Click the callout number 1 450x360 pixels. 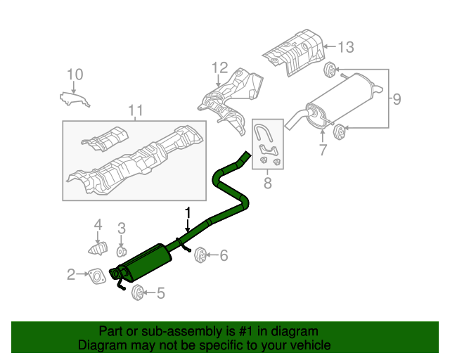pyautogui.click(x=188, y=212)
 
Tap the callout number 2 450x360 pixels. pyautogui.click(x=71, y=274)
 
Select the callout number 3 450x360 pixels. pyautogui.click(x=121, y=228)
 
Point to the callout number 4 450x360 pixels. pyautogui.click(x=98, y=225)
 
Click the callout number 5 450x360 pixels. pyautogui.click(x=160, y=293)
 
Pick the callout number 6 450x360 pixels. pyautogui.click(x=224, y=256)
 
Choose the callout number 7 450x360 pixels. pyautogui.click(x=323, y=150)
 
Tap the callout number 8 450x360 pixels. pyautogui.click(x=267, y=184)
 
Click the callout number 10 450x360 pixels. pyautogui.click(x=75, y=74)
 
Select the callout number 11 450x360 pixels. pyautogui.click(x=135, y=110)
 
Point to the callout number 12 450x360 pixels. pyautogui.click(x=220, y=68)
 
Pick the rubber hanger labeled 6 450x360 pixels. pyautogui.click(x=200, y=254)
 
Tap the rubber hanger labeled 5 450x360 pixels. pyautogui.click(x=138, y=292)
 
